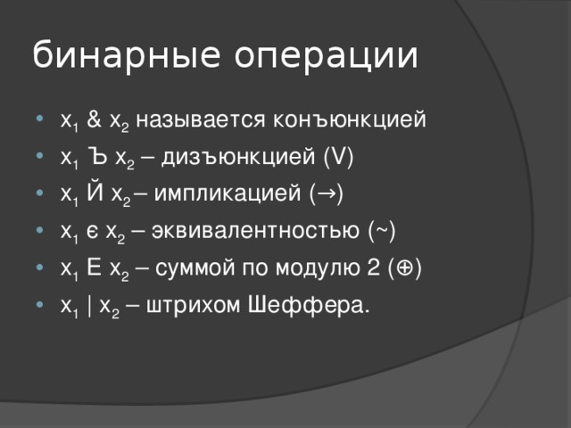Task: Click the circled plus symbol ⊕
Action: pyautogui.click(x=409, y=268)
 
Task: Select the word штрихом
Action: pyautogui.click(x=186, y=306)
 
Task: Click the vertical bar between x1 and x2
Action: pyautogui.click(x=91, y=306)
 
